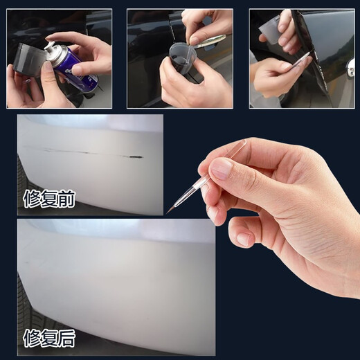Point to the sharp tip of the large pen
click(x=167, y=213)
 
